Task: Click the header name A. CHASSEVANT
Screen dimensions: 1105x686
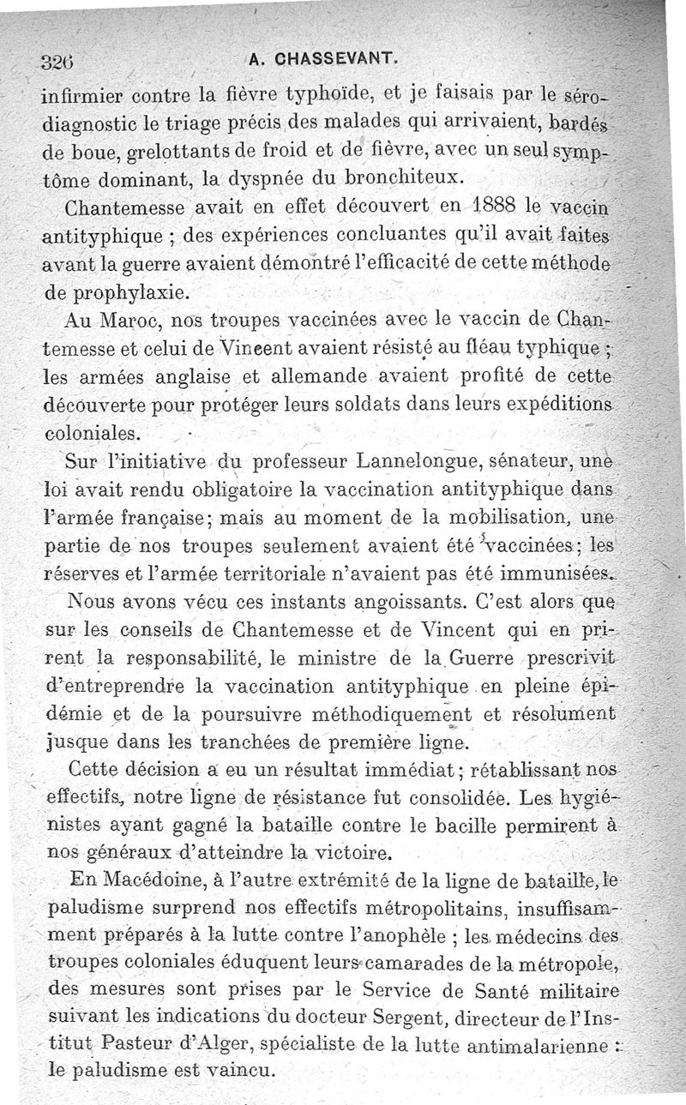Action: click(322, 59)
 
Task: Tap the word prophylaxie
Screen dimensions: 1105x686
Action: click(115, 292)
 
